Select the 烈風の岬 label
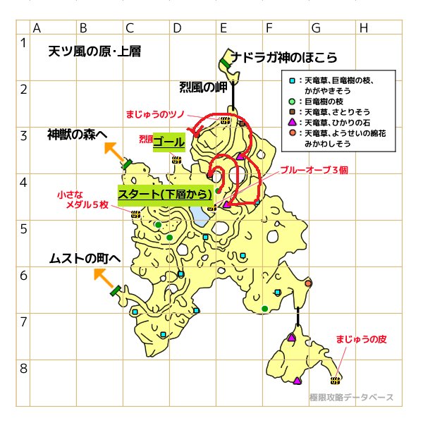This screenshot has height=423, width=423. (203, 87)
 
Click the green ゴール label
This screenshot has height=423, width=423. (168, 142)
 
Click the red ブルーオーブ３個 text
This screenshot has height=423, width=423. (314, 170)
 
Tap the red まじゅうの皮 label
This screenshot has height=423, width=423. (362, 339)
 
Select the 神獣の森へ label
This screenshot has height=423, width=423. (78, 135)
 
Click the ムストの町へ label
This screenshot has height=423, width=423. (85, 259)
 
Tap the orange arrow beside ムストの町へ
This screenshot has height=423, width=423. (102, 276)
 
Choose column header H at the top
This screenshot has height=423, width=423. (363, 28)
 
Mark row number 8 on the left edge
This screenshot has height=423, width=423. (23, 368)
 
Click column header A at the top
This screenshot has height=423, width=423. (36, 28)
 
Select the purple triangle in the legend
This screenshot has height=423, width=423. (293, 122)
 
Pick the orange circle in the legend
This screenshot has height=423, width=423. (293, 133)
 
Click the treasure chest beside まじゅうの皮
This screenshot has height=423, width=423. (337, 379)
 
